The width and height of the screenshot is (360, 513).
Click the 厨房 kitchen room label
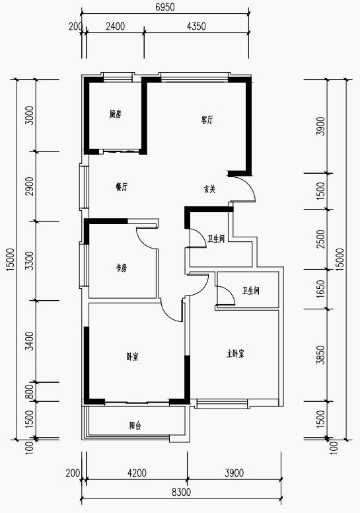click(116, 114)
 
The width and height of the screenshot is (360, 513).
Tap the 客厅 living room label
click(207, 120)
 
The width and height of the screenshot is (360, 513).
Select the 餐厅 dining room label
click(122, 187)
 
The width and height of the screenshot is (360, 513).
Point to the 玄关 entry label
click(210, 189)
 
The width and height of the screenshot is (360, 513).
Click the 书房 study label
click(122, 268)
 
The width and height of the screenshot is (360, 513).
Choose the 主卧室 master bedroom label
click(235, 354)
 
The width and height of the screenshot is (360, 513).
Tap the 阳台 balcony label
click(135, 426)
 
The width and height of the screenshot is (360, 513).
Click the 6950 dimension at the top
click(165, 7)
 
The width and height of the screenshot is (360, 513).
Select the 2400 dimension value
click(115, 26)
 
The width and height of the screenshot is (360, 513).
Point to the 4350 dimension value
click(196, 26)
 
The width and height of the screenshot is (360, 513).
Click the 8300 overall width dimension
click(181, 492)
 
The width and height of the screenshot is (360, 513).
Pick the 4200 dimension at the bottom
click(137, 473)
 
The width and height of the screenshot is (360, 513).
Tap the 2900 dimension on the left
click(30, 186)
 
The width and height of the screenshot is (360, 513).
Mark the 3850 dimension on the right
click(322, 355)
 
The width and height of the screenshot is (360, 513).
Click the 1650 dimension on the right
click(322, 288)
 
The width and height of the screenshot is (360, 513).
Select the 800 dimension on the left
click(30, 391)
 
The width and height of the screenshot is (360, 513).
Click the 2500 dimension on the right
click(322, 239)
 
